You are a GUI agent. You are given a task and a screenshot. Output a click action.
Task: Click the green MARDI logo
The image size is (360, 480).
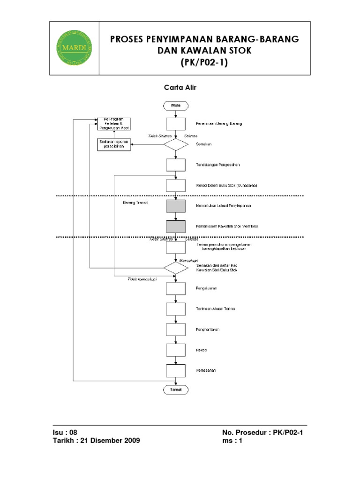point(74,47)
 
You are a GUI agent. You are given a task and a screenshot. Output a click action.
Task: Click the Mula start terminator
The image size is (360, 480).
point(175,105)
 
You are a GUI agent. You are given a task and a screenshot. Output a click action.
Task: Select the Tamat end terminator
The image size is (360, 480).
point(175,389)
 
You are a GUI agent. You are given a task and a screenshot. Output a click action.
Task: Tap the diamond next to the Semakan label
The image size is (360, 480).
point(175,143)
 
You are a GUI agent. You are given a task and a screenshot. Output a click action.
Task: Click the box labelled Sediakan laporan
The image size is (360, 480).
point(114,144)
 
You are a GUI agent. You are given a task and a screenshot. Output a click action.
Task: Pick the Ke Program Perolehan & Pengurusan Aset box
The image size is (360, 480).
point(114,124)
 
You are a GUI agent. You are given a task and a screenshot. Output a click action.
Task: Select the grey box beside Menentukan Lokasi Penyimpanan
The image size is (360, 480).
point(175,206)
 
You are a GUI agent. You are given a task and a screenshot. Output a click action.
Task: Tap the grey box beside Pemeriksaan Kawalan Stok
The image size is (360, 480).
point(175,226)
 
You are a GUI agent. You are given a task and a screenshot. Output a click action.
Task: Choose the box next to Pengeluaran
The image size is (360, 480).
point(175,288)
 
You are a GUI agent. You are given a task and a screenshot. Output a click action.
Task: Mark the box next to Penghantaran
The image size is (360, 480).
point(175,330)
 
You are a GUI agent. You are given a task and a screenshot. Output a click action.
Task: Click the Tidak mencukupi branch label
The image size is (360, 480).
point(142,279)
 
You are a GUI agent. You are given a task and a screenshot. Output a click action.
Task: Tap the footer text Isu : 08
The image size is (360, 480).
point(65,432)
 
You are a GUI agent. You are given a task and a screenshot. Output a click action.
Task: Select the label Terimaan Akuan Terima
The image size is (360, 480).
point(216,309)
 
